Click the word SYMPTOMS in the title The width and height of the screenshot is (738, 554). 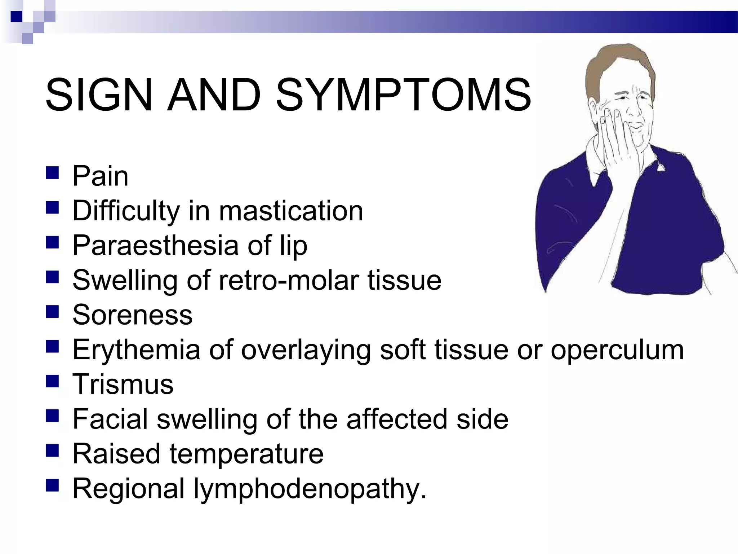click(403, 95)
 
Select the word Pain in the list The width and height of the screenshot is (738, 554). click(100, 176)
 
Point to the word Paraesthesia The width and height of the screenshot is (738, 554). click(155, 245)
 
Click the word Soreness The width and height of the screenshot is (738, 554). click(132, 315)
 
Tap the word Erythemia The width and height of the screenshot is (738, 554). click(136, 349)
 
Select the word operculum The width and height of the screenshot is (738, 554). click(617, 349)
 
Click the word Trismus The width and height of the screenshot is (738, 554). click(123, 384)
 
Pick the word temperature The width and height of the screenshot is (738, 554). click(246, 454)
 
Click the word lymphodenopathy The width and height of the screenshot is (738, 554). click(310, 489)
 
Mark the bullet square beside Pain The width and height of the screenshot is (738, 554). click(53, 173)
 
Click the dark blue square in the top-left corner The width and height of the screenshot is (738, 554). click(16, 16)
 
